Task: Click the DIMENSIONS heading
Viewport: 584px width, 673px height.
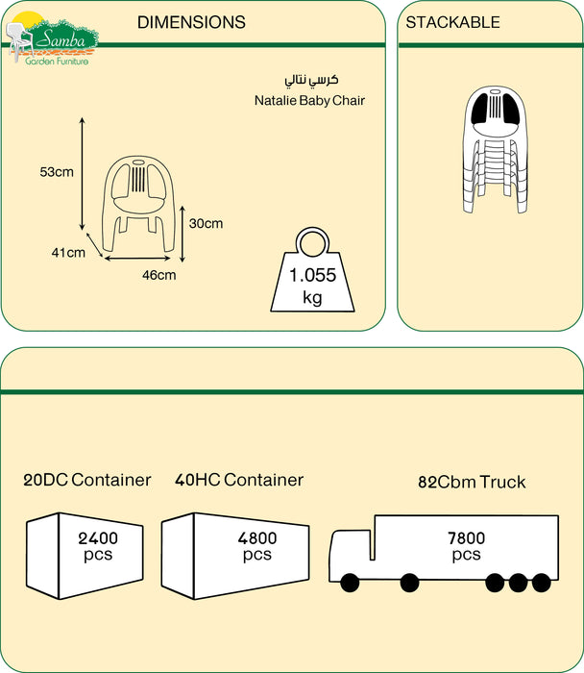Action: click(x=191, y=22)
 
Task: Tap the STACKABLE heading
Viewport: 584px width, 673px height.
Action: click(x=452, y=22)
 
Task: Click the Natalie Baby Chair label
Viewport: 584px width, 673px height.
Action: click(x=310, y=100)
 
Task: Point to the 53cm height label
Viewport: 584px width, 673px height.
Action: click(x=57, y=172)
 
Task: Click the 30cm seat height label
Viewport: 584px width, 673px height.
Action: click(x=206, y=224)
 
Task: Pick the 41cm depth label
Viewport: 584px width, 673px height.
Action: click(x=68, y=253)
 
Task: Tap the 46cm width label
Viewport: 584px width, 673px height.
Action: click(x=159, y=276)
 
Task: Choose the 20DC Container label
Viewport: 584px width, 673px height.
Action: click(x=87, y=480)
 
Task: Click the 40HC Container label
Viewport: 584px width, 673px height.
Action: click(x=239, y=480)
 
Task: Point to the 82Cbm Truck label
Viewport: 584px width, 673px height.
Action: click(x=472, y=482)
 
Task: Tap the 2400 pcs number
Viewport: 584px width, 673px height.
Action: click(x=98, y=546)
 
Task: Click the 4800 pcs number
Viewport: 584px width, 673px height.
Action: click(x=256, y=546)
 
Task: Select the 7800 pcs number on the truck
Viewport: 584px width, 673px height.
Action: click(x=466, y=546)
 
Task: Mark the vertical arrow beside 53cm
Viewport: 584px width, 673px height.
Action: click(x=83, y=173)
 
